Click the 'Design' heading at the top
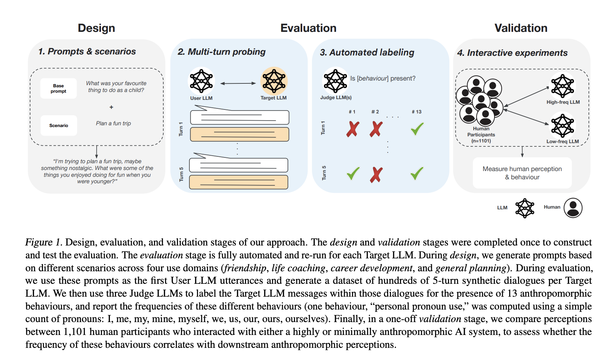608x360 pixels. pyautogui.click(x=96, y=28)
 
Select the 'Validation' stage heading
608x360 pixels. pyautogui.click(x=521, y=28)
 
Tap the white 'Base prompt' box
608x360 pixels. pyautogui.click(x=58, y=88)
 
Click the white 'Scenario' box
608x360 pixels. pyautogui.click(x=59, y=126)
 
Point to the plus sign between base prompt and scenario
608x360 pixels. pyautogui.click(x=111, y=107)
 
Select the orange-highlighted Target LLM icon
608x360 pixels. pyautogui.click(x=274, y=81)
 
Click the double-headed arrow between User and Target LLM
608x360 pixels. pyautogui.click(x=238, y=83)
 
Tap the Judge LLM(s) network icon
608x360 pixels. pyautogui.click(x=335, y=81)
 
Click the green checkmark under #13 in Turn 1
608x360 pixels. pyautogui.click(x=417, y=129)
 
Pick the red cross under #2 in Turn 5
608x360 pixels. pyautogui.click(x=376, y=175)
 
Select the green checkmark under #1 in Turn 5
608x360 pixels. pyautogui.click(x=353, y=174)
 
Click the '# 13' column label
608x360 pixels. pyautogui.click(x=416, y=112)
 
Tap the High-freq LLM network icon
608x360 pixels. pyautogui.click(x=563, y=86)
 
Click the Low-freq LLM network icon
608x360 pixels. pyautogui.click(x=563, y=126)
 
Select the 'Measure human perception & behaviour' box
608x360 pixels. pyautogui.click(x=522, y=173)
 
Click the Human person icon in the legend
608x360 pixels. pyautogui.click(x=573, y=208)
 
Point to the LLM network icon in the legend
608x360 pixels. pyautogui.click(x=525, y=208)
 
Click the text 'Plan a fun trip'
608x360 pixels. pyautogui.click(x=114, y=123)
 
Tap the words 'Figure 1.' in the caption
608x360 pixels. pyautogui.click(x=44, y=242)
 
